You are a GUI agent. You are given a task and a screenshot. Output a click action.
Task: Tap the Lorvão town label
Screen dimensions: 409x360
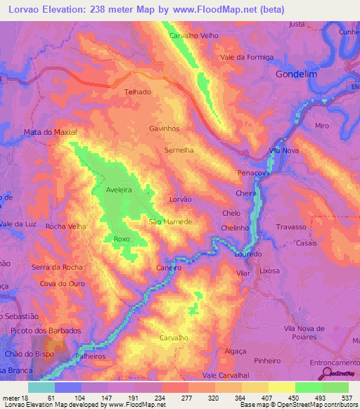pyautogui.click(x=181, y=200)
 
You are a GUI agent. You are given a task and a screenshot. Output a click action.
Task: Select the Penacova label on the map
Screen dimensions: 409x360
pyautogui.click(x=252, y=172)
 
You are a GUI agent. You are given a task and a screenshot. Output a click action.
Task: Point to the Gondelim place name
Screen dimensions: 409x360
pyautogui.click(x=296, y=74)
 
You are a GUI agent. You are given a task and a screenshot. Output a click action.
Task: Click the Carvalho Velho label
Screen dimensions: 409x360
pyautogui.click(x=194, y=35)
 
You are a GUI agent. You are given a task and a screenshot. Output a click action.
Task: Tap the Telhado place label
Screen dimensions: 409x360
pyautogui.click(x=137, y=92)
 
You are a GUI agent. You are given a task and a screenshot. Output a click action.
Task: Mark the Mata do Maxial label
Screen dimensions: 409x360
pyautogui.click(x=49, y=132)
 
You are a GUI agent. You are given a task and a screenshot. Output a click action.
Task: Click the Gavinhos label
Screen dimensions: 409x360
pyautogui.click(x=165, y=129)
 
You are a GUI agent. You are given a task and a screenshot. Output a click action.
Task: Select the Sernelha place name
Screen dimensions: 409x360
pyautogui.click(x=179, y=150)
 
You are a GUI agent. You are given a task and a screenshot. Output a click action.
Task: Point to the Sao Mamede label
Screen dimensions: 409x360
pyautogui.click(x=170, y=221)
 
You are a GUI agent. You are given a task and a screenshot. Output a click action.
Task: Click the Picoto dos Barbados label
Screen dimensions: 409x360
pyautogui.click(x=51, y=330)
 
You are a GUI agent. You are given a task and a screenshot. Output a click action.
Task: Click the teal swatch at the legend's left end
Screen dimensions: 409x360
pyautogui.click(x=41, y=387)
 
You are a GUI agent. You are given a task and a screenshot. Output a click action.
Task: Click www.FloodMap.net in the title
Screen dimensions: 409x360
pyautogui.click(x=212, y=10)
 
